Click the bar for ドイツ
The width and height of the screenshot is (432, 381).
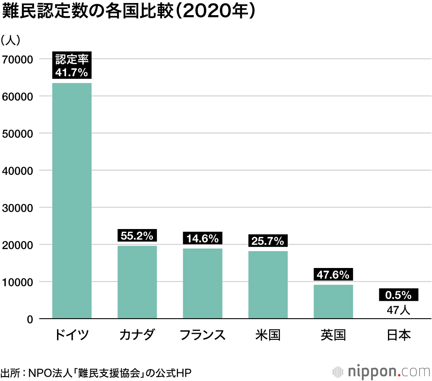[x=72, y=200]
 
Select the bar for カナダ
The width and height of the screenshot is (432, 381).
[x=137, y=282]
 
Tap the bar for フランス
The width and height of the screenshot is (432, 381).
[x=203, y=284]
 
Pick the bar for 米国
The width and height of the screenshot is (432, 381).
[x=268, y=285]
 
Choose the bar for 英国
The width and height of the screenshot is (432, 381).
[x=333, y=302]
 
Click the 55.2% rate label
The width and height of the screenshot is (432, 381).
[x=137, y=236]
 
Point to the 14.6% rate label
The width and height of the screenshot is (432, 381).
[x=203, y=238]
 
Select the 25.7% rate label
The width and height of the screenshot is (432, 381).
[x=268, y=241]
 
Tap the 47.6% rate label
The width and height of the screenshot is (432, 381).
[x=333, y=274]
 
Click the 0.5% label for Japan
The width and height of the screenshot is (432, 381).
[x=398, y=295]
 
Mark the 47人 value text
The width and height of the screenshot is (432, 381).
[x=398, y=310]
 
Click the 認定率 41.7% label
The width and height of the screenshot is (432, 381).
[x=72, y=65]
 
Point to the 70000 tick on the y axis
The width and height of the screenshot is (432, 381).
[x=18, y=59]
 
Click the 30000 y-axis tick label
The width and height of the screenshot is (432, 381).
[x=18, y=208]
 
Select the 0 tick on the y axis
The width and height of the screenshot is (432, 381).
[x=30, y=320]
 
